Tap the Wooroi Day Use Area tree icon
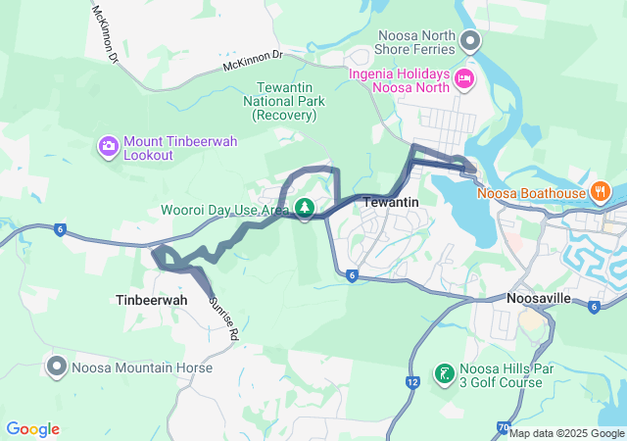coord(305,208)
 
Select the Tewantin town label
coord(391,201)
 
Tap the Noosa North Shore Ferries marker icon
coord(470,40)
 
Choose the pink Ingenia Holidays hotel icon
coord(464,76)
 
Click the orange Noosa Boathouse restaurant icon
coord(601,191)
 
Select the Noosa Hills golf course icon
coord(444,374)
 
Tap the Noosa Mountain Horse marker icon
coord(57,367)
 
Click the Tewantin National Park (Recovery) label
coord(284,101)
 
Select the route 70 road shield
coord(503,427)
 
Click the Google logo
coord(32,429)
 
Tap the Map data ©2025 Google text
coord(566,433)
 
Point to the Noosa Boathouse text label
coord(531,192)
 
